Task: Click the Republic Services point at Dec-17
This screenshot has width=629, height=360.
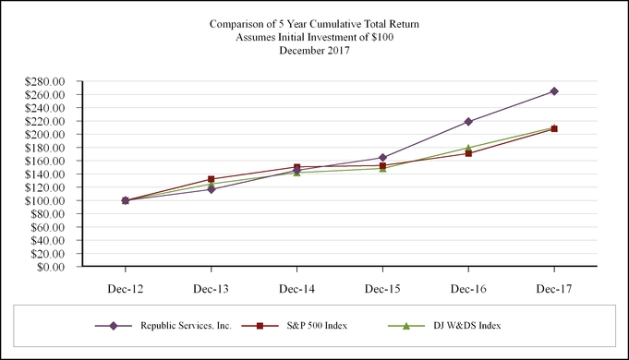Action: tap(554, 91)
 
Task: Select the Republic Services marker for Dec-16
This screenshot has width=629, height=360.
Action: tap(468, 122)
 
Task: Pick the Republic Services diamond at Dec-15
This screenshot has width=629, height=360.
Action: tap(382, 158)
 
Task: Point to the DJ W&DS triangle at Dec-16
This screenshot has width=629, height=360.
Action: tap(468, 148)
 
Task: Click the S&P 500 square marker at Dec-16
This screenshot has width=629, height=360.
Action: tap(468, 153)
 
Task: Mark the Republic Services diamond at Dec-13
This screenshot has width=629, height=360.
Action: tap(212, 189)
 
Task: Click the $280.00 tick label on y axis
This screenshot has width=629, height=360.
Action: tap(45, 82)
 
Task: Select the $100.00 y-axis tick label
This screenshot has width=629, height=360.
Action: tap(45, 201)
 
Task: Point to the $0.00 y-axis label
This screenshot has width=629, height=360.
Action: tap(51, 268)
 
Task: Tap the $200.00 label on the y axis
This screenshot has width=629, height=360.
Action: tap(45, 135)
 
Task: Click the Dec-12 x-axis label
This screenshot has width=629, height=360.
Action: tap(126, 289)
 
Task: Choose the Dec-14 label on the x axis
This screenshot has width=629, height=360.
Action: tap(296, 289)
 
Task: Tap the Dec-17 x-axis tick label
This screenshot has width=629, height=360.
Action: tap(554, 289)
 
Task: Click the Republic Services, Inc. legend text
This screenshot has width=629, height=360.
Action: tap(185, 326)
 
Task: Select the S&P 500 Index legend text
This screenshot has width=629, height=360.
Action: tap(307, 326)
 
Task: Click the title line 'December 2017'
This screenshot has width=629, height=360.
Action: tap(314, 51)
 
